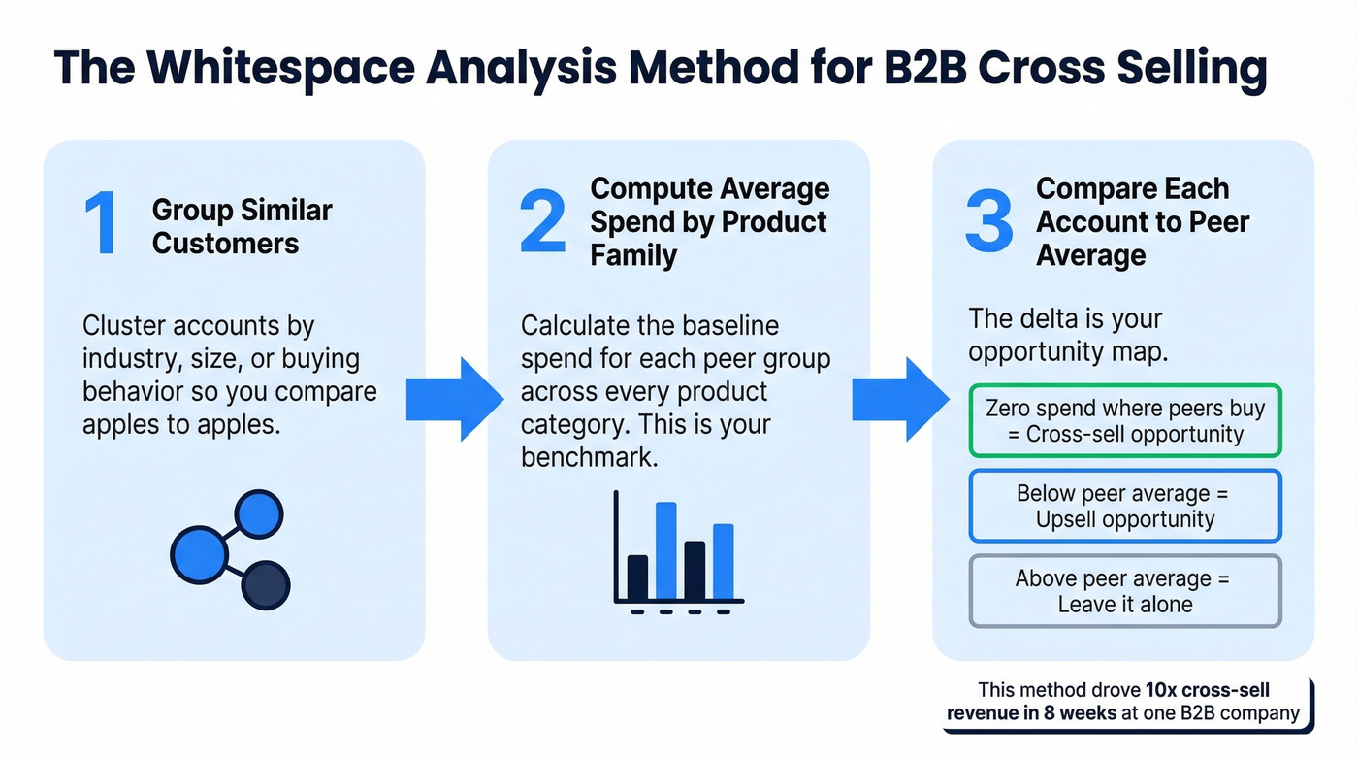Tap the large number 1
tap(100, 225)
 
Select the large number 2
tap(542, 222)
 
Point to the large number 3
tap(988, 222)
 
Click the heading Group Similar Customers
tap(242, 226)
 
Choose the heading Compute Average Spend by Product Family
tap(709, 221)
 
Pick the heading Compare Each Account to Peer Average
tap(1143, 221)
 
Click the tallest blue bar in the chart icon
tap(665, 550)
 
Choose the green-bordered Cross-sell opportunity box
tap(1125, 421)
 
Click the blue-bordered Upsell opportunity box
tap(1125, 506)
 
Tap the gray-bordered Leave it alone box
tap(1125, 591)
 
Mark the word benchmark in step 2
tap(589, 457)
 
